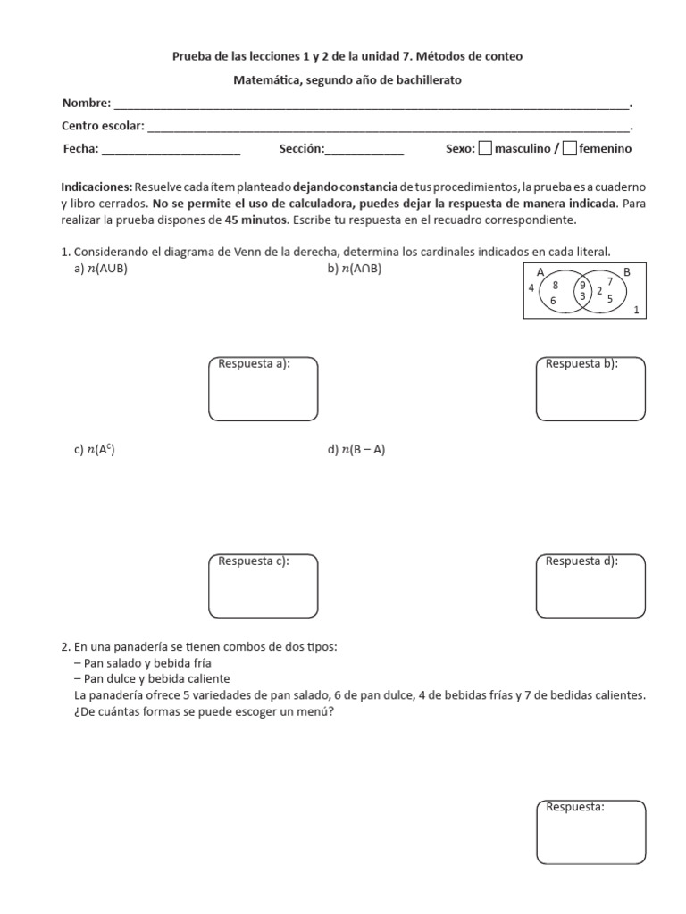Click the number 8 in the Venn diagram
(x=555, y=286)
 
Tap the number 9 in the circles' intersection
(x=582, y=286)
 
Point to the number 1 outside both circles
(x=635, y=310)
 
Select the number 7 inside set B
(x=609, y=281)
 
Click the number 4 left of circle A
(x=531, y=288)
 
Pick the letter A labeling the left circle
(x=540, y=271)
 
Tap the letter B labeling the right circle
(x=626, y=271)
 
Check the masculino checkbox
(x=485, y=149)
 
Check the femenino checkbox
(x=570, y=149)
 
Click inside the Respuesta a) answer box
(x=263, y=394)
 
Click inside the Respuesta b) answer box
(x=590, y=394)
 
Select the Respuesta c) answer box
(x=263, y=589)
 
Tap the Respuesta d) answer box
(x=590, y=589)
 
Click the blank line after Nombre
(x=372, y=105)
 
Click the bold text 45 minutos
(x=255, y=220)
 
